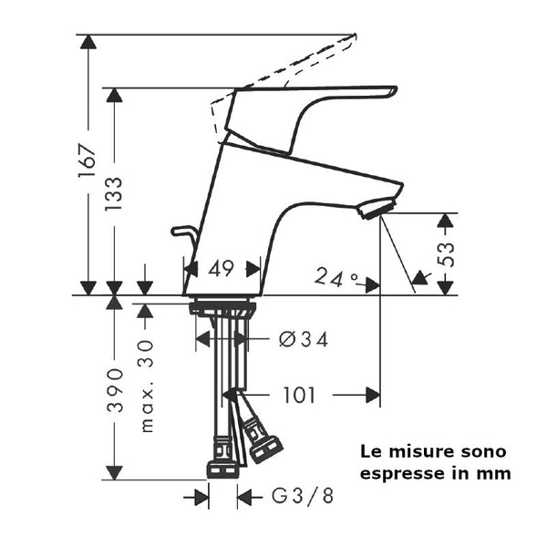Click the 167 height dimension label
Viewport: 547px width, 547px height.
pos(88,163)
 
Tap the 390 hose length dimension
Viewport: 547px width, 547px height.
pos(114,391)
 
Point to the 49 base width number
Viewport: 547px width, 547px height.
pos(222,269)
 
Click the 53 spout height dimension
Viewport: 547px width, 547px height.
pos(446,253)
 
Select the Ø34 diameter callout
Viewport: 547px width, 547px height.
pos(303,339)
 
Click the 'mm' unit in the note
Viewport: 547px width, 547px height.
pos(497,474)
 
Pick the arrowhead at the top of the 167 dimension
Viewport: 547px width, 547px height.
pos(88,42)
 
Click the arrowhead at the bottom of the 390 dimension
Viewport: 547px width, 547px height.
pos(114,472)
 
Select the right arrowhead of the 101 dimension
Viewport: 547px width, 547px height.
pos(373,396)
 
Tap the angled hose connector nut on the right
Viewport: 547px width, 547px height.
pos(264,445)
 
